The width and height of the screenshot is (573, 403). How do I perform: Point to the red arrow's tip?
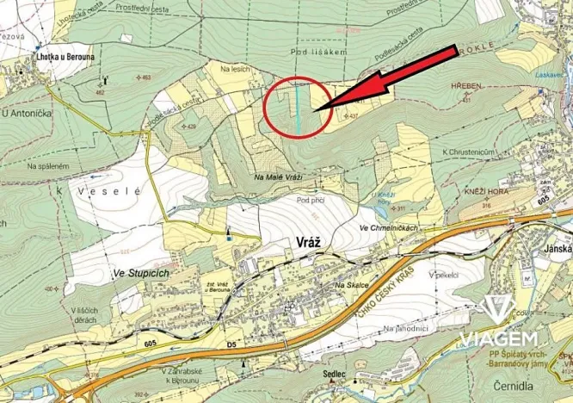317,109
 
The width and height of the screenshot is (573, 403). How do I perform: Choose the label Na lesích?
234,69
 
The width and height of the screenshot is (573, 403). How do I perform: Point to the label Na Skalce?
351,285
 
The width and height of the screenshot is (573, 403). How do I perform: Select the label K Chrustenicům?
468,152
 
